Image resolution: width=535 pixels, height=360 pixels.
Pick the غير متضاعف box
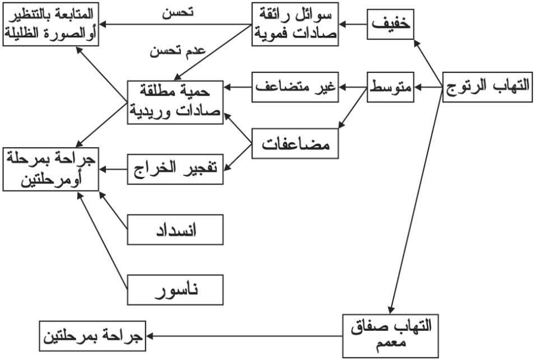tap(295, 87)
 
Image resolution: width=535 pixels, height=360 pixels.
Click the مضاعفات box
tap(295, 144)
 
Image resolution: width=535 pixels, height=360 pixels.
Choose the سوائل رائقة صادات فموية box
tap(295, 24)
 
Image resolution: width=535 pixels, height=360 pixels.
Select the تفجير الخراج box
tap(175, 167)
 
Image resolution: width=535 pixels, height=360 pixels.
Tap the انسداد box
tap(175, 229)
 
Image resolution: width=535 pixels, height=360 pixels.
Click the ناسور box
tap(175, 290)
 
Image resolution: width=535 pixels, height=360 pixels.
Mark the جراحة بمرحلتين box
tap(92, 336)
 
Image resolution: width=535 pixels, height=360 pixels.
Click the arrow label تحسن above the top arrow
tap(178, 13)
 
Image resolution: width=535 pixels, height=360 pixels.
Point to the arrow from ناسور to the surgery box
tap(103, 241)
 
